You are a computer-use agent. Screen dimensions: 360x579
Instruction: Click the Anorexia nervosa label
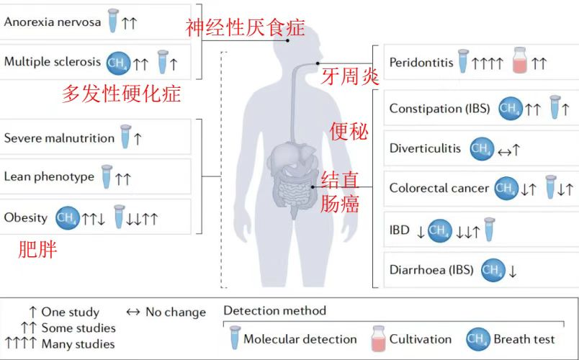point(52,22)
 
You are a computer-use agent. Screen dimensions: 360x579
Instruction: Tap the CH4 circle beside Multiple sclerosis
point(118,63)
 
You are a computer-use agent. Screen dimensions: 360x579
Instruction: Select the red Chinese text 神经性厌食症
point(245,28)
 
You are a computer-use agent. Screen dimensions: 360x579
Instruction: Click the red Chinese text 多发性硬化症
point(121,94)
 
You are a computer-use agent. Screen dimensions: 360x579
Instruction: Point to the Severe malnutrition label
point(59,138)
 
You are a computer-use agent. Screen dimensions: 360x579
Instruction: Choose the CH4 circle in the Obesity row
point(68,217)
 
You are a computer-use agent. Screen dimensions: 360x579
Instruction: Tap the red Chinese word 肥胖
point(37,251)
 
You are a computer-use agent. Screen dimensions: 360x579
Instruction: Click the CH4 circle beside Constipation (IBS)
point(511,109)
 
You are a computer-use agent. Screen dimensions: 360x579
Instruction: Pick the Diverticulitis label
point(425,149)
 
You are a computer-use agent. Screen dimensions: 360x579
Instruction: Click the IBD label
point(400,230)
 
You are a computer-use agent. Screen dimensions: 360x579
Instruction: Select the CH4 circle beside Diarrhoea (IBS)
point(493,271)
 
